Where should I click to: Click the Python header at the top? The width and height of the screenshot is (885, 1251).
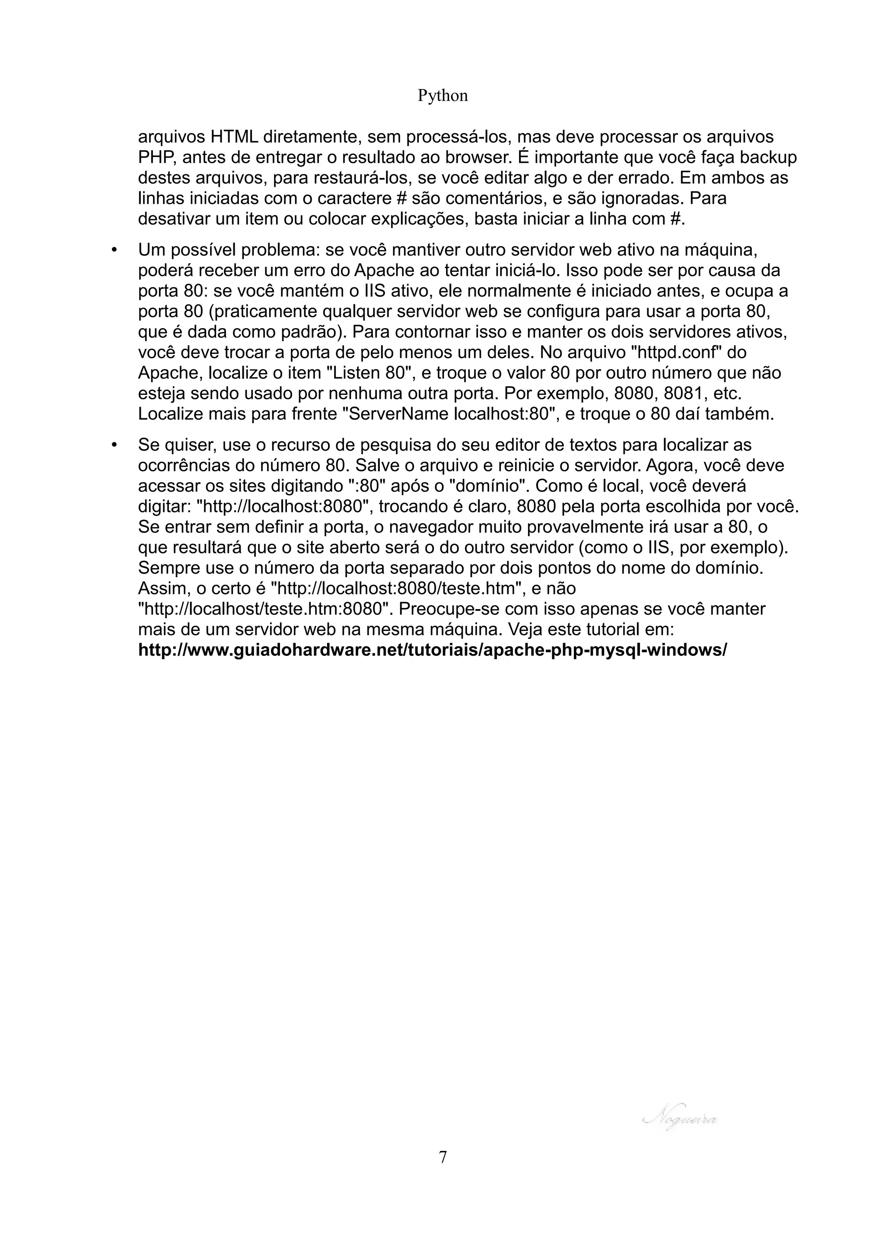442,96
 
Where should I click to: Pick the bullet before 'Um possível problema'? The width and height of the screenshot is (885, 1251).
114,250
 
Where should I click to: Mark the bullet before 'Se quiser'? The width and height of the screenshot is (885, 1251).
114,445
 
